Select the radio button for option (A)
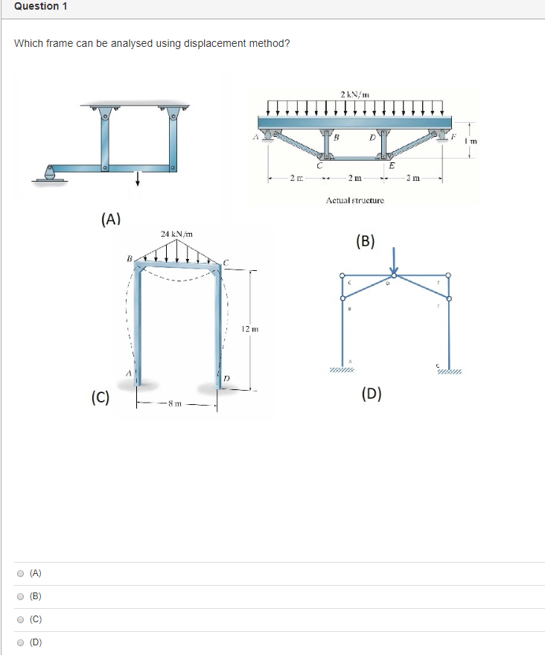coord(20,573)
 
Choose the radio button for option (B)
coord(20,596)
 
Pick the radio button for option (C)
coord(20,619)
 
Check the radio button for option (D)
coord(20,642)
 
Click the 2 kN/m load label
coord(354,95)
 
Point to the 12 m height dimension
coord(249,329)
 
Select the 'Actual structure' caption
coord(354,201)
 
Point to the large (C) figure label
coord(101,397)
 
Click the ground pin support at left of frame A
coord(49,175)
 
